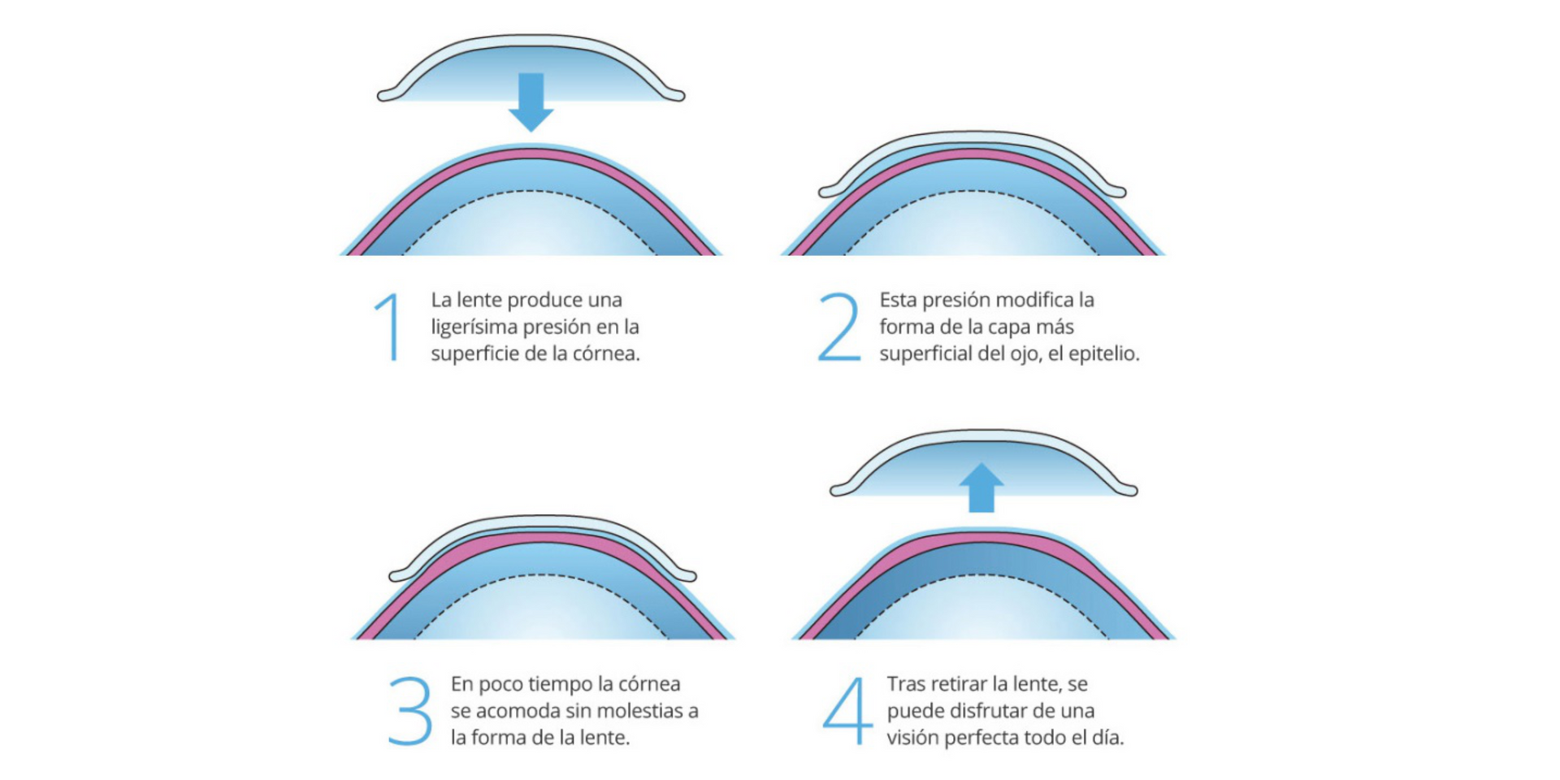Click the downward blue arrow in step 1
[x=531, y=102]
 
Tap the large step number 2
[x=839, y=327]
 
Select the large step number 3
[x=410, y=711]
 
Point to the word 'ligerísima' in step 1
[x=474, y=327]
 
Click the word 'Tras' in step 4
[x=905, y=684]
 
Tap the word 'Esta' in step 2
[x=898, y=300]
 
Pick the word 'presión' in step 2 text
[x=955, y=301]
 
